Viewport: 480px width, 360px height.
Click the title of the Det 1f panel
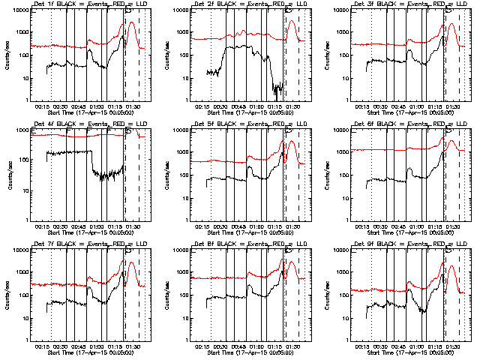[88, 4]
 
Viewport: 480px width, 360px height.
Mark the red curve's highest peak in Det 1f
[131, 22]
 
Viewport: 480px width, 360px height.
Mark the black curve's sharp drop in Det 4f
[91, 161]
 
